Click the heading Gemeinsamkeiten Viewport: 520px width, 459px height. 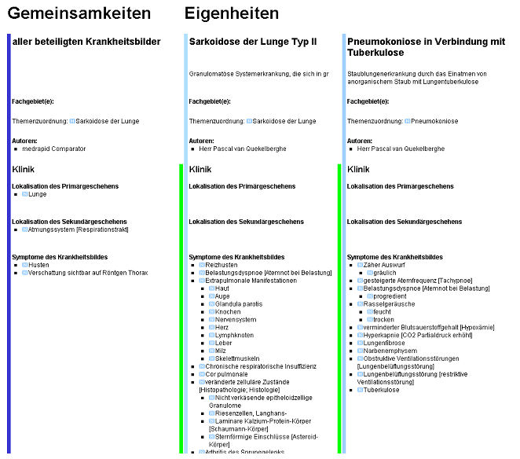(x=79, y=13)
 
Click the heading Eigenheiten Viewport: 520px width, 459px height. (x=232, y=13)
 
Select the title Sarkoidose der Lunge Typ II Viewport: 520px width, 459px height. (x=253, y=42)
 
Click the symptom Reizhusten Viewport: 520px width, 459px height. (x=222, y=265)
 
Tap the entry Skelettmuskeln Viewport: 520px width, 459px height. (x=237, y=359)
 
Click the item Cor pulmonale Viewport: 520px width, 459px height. (x=226, y=375)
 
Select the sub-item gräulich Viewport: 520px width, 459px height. (x=386, y=273)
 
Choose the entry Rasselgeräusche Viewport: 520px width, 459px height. (x=387, y=304)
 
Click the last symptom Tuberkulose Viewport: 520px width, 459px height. (x=382, y=390)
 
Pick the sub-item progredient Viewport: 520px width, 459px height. (x=390, y=296)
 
